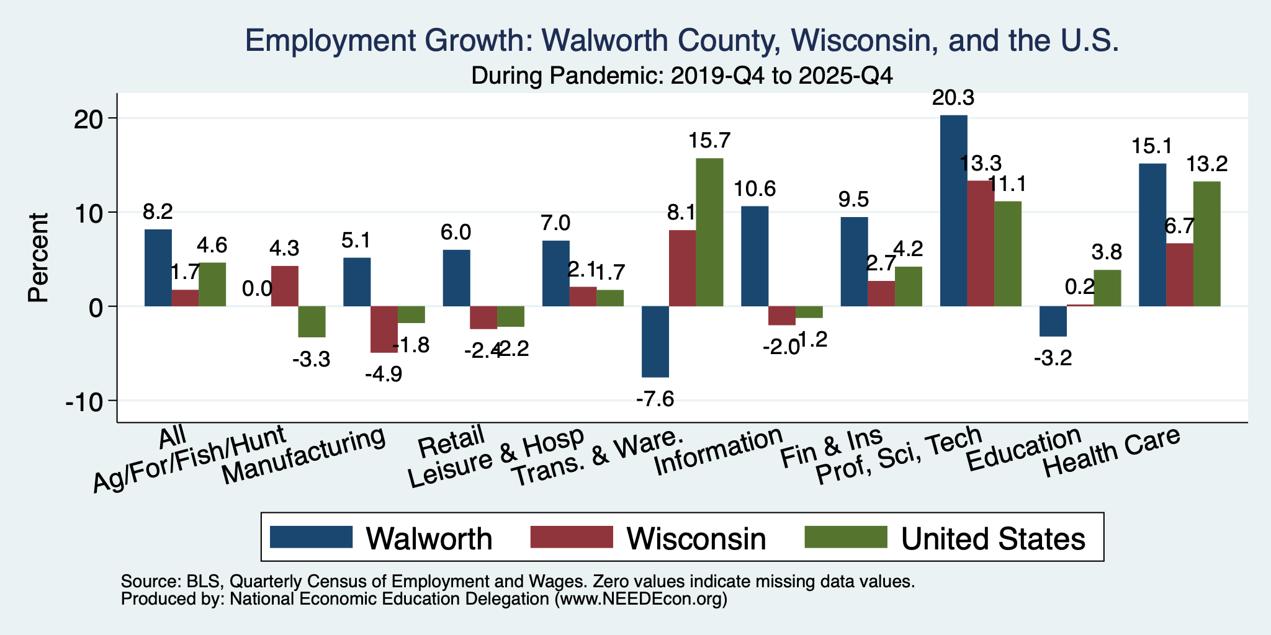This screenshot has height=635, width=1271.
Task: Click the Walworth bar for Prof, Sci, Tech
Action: coord(953,211)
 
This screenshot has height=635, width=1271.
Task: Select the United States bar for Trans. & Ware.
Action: coord(709,233)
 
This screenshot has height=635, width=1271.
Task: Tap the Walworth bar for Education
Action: coord(1053,321)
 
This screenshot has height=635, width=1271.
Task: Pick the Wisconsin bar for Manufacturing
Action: coord(384,329)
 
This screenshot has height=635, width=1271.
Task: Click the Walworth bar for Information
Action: coord(755,256)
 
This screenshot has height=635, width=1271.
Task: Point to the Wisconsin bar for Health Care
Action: coord(1180,275)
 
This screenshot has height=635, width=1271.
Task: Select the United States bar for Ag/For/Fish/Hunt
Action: coord(312,322)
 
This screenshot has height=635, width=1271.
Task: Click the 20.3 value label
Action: coord(953,98)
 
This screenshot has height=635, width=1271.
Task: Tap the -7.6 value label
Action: coord(655,398)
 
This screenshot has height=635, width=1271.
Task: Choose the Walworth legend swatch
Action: coord(312,537)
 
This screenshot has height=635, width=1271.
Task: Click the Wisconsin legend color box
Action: coord(572,537)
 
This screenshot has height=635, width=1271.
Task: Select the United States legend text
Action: coord(993,538)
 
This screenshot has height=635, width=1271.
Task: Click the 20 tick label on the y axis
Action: coord(91,118)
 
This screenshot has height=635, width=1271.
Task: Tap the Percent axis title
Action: coord(38,257)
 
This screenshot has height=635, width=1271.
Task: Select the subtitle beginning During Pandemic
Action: coord(682,76)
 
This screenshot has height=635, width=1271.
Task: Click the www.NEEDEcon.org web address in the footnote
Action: coord(640,599)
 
